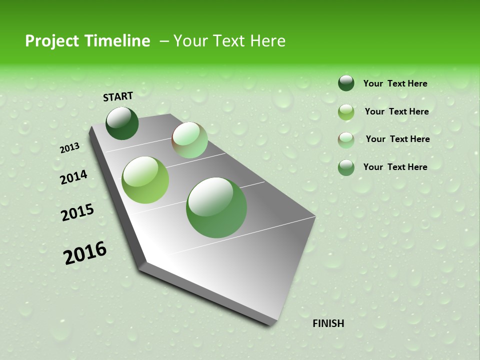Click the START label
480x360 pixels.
(x=118, y=96)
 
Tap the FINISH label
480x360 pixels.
(x=328, y=323)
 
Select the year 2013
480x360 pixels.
(x=69, y=148)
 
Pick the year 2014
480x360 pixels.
(x=73, y=177)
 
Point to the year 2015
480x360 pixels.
(x=77, y=212)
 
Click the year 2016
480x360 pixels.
(x=85, y=253)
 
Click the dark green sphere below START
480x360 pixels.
(x=122, y=123)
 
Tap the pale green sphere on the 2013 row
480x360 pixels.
(x=189, y=140)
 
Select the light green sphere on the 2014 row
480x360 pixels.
(x=145, y=180)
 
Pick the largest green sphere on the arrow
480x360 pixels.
(x=216, y=207)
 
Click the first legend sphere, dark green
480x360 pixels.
(x=346, y=83)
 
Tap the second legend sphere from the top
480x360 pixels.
(x=346, y=112)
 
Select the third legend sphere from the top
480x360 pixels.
(x=346, y=140)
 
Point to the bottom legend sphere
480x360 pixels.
(x=346, y=167)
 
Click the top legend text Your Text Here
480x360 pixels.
(x=395, y=83)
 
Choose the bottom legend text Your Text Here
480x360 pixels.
(x=395, y=167)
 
